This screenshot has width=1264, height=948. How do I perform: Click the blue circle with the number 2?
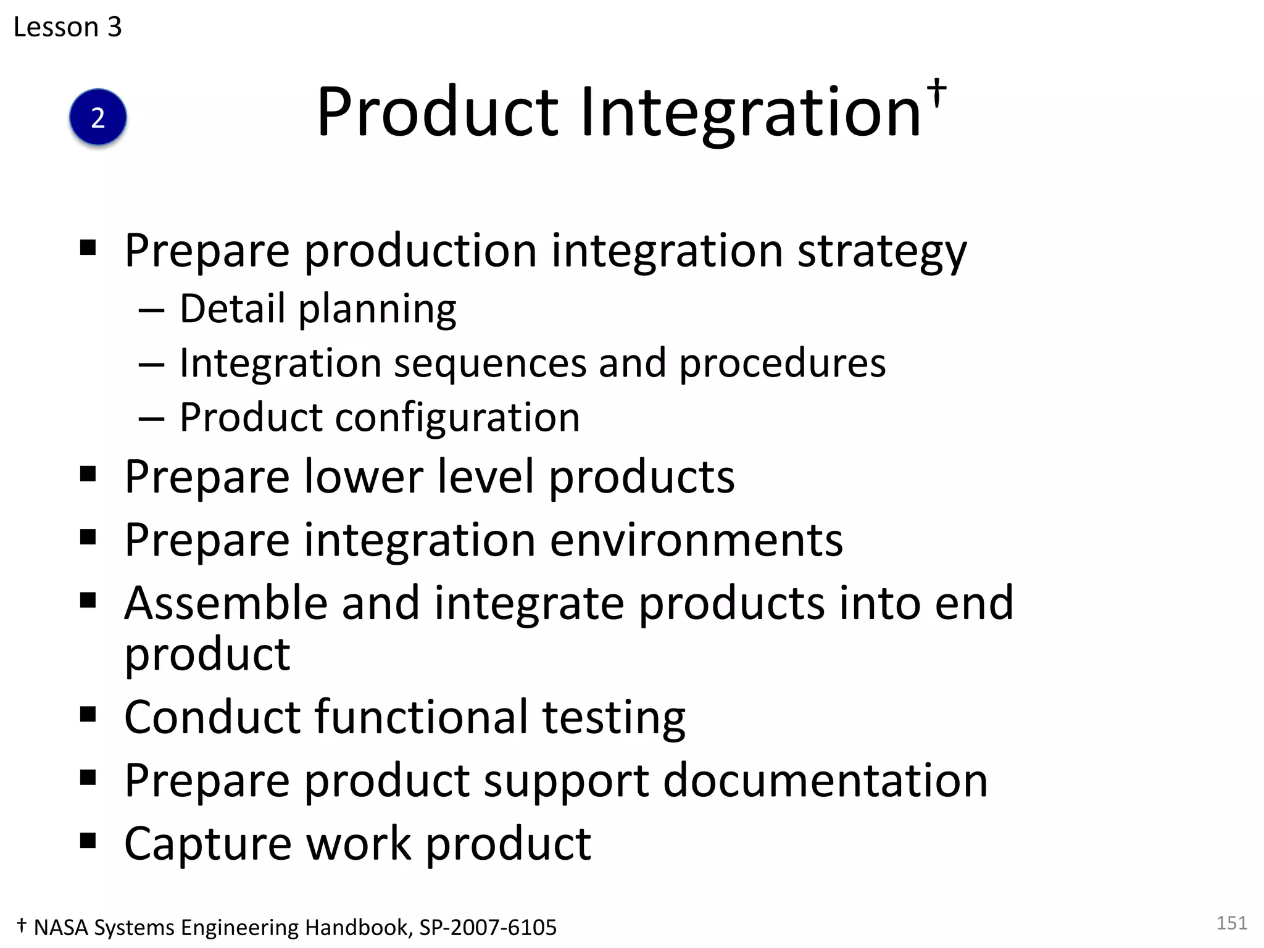[x=98, y=117]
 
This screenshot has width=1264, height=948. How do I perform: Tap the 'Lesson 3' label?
[x=68, y=27]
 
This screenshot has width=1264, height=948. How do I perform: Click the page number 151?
[x=1231, y=923]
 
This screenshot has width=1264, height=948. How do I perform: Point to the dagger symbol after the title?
[x=937, y=93]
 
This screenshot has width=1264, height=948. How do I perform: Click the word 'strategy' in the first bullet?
[x=882, y=252]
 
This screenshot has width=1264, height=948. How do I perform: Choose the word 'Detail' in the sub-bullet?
[x=232, y=308]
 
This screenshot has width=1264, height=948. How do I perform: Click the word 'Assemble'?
[x=226, y=603]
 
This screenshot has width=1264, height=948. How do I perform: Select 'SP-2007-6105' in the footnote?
[x=488, y=928]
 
